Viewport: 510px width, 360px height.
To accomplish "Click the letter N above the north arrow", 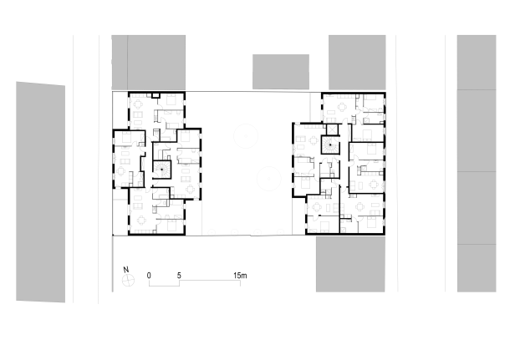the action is tap(126, 270).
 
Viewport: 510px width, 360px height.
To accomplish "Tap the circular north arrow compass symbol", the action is tap(128, 280).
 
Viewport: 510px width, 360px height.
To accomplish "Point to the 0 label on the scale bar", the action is tap(149, 276).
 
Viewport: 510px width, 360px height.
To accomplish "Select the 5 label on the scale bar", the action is tap(179, 276).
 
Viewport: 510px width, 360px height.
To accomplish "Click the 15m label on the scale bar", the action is tap(240, 276).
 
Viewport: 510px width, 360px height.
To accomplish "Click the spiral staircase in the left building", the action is tap(161, 170).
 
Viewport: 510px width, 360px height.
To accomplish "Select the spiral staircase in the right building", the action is tap(330, 145).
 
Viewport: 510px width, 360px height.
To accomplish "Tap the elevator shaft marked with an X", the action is tap(332, 129).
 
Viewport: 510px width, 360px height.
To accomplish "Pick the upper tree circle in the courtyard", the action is tap(246, 136).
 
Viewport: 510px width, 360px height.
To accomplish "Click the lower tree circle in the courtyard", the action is tap(268, 179).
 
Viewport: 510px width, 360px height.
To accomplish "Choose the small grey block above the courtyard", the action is tap(281, 72).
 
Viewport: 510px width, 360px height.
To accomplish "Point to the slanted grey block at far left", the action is tap(41, 192).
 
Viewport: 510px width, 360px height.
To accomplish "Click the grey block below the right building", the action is tap(350, 264).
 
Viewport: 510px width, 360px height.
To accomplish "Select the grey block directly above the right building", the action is tap(357, 63).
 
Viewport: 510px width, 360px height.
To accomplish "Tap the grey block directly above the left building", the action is tap(149, 63).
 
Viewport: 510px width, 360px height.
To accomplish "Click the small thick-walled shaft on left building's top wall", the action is tap(156, 95).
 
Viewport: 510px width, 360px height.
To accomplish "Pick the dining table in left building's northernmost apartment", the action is tap(138, 104).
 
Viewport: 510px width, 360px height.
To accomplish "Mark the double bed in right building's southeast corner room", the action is tap(372, 222).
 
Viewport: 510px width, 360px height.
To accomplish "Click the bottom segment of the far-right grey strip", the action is tap(477, 268).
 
